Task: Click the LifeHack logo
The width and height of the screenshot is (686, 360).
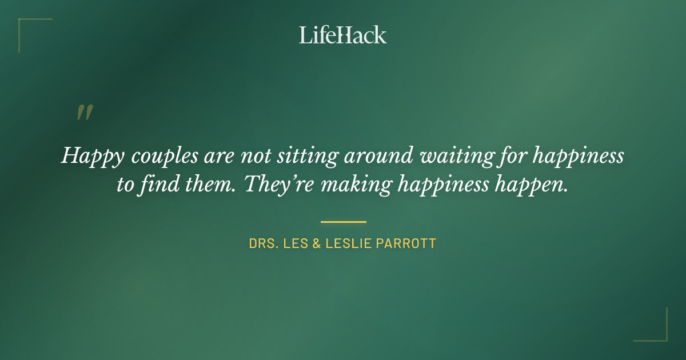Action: [343, 35]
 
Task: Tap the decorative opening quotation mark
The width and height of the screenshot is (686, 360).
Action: [85, 113]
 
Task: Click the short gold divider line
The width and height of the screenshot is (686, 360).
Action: [343, 222]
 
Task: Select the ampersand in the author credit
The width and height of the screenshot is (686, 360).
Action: [315, 243]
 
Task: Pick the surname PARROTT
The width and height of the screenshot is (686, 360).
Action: [409, 243]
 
